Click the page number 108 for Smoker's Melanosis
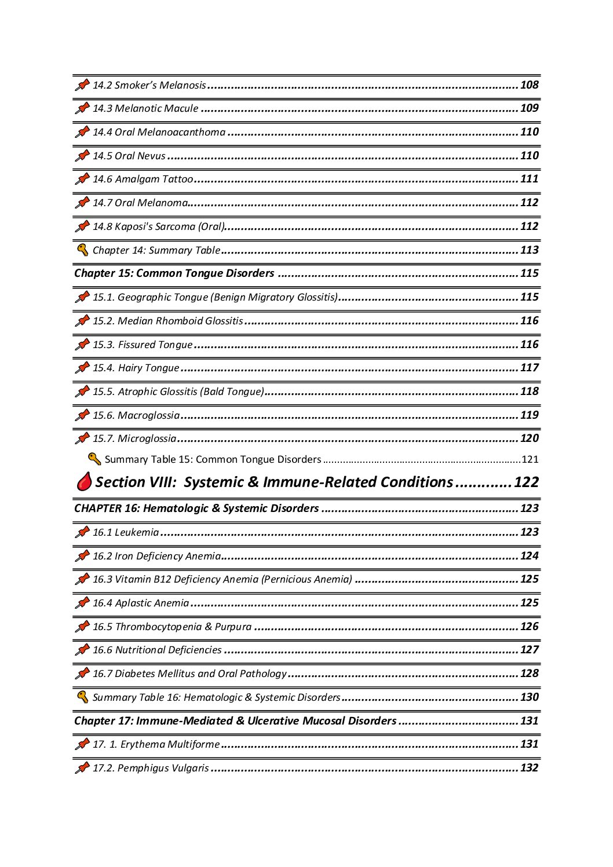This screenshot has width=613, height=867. [529, 85]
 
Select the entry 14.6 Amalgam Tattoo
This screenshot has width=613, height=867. [143, 180]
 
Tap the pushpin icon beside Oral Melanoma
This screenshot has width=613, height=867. [82, 203]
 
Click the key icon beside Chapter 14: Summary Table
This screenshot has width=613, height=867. [82, 250]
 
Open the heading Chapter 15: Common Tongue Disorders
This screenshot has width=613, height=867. [174, 273]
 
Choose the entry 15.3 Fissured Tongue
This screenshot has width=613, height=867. [143, 345]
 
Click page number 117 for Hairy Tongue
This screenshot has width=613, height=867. [529, 368]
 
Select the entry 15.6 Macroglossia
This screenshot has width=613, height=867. [136, 415]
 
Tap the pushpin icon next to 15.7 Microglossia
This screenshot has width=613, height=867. [82, 438]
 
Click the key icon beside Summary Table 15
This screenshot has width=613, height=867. [94, 459]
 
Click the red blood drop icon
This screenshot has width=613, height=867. [85, 482]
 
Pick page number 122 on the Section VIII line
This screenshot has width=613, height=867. [526, 482]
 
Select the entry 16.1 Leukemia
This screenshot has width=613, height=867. [125, 532]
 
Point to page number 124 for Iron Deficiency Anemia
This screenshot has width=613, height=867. [529, 556]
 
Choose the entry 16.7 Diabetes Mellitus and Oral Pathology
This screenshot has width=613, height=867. [189, 674]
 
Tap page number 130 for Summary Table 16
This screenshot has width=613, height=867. [529, 697]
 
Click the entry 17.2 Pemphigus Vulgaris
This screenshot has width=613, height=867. [151, 768]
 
